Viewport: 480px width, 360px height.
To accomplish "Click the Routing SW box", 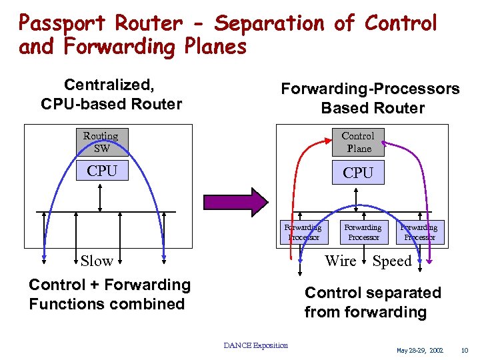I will coord(101,142).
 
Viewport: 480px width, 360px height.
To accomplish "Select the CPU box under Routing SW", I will coord(101,171).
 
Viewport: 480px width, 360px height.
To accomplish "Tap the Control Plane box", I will coord(358,142).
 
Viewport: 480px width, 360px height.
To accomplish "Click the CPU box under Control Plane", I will coord(358,173).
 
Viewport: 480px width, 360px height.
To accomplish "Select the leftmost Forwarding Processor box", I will coord(304,233).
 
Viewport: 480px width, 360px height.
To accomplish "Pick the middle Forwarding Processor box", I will coord(363,233).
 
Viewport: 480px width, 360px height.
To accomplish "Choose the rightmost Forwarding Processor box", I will coord(419,233).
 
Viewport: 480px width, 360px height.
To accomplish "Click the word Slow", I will coord(97,261).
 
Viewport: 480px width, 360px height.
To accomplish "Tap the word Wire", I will coord(340,261).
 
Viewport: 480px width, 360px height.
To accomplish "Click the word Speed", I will coord(392,261).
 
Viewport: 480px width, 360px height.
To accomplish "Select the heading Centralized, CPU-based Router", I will coord(111,94).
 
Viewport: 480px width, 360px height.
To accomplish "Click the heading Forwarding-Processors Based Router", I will coord(370,98).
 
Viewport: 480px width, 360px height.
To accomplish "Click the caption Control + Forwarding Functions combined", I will coord(109,294).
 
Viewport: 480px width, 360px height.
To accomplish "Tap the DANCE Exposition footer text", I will coord(255,345).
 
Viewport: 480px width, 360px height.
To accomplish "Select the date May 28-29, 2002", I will coord(419,350).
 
